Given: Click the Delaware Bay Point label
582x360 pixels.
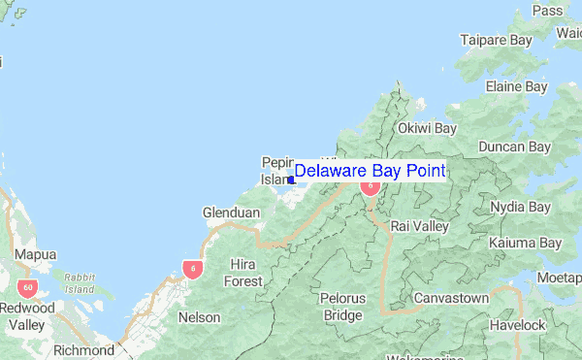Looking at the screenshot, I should [370, 172].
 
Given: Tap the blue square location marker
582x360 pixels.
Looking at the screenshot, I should [291, 180].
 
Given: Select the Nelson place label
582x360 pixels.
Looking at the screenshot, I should [200, 317].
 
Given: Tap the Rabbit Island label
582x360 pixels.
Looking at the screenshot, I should [79, 282].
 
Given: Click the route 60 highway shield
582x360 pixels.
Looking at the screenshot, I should [26, 287].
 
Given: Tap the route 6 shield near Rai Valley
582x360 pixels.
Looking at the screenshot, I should [370, 186].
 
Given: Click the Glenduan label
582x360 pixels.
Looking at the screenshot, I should [230, 213].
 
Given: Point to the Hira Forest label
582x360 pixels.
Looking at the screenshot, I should [243, 273].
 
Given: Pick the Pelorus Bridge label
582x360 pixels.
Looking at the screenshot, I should [342, 307].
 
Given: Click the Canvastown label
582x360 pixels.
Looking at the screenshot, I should [451, 297].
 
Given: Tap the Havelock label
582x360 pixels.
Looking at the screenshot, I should [518, 325].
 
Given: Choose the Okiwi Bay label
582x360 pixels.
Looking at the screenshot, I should [427, 128].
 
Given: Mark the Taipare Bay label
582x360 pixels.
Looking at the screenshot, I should [497, 41].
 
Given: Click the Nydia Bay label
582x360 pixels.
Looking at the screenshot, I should [520, 207].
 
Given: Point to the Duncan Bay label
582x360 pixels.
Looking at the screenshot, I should [514, 147].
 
